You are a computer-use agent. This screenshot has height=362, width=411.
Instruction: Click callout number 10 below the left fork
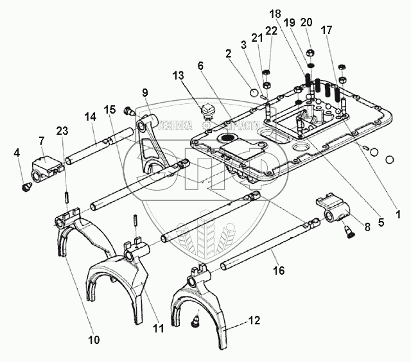[x=94, y=340]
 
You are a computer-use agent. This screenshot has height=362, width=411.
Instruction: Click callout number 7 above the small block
[x=42, y=141]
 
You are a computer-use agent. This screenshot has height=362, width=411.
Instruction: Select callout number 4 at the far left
[x=18, y=153]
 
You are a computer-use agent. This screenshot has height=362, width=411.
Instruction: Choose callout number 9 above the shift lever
[x=145, y=92]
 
